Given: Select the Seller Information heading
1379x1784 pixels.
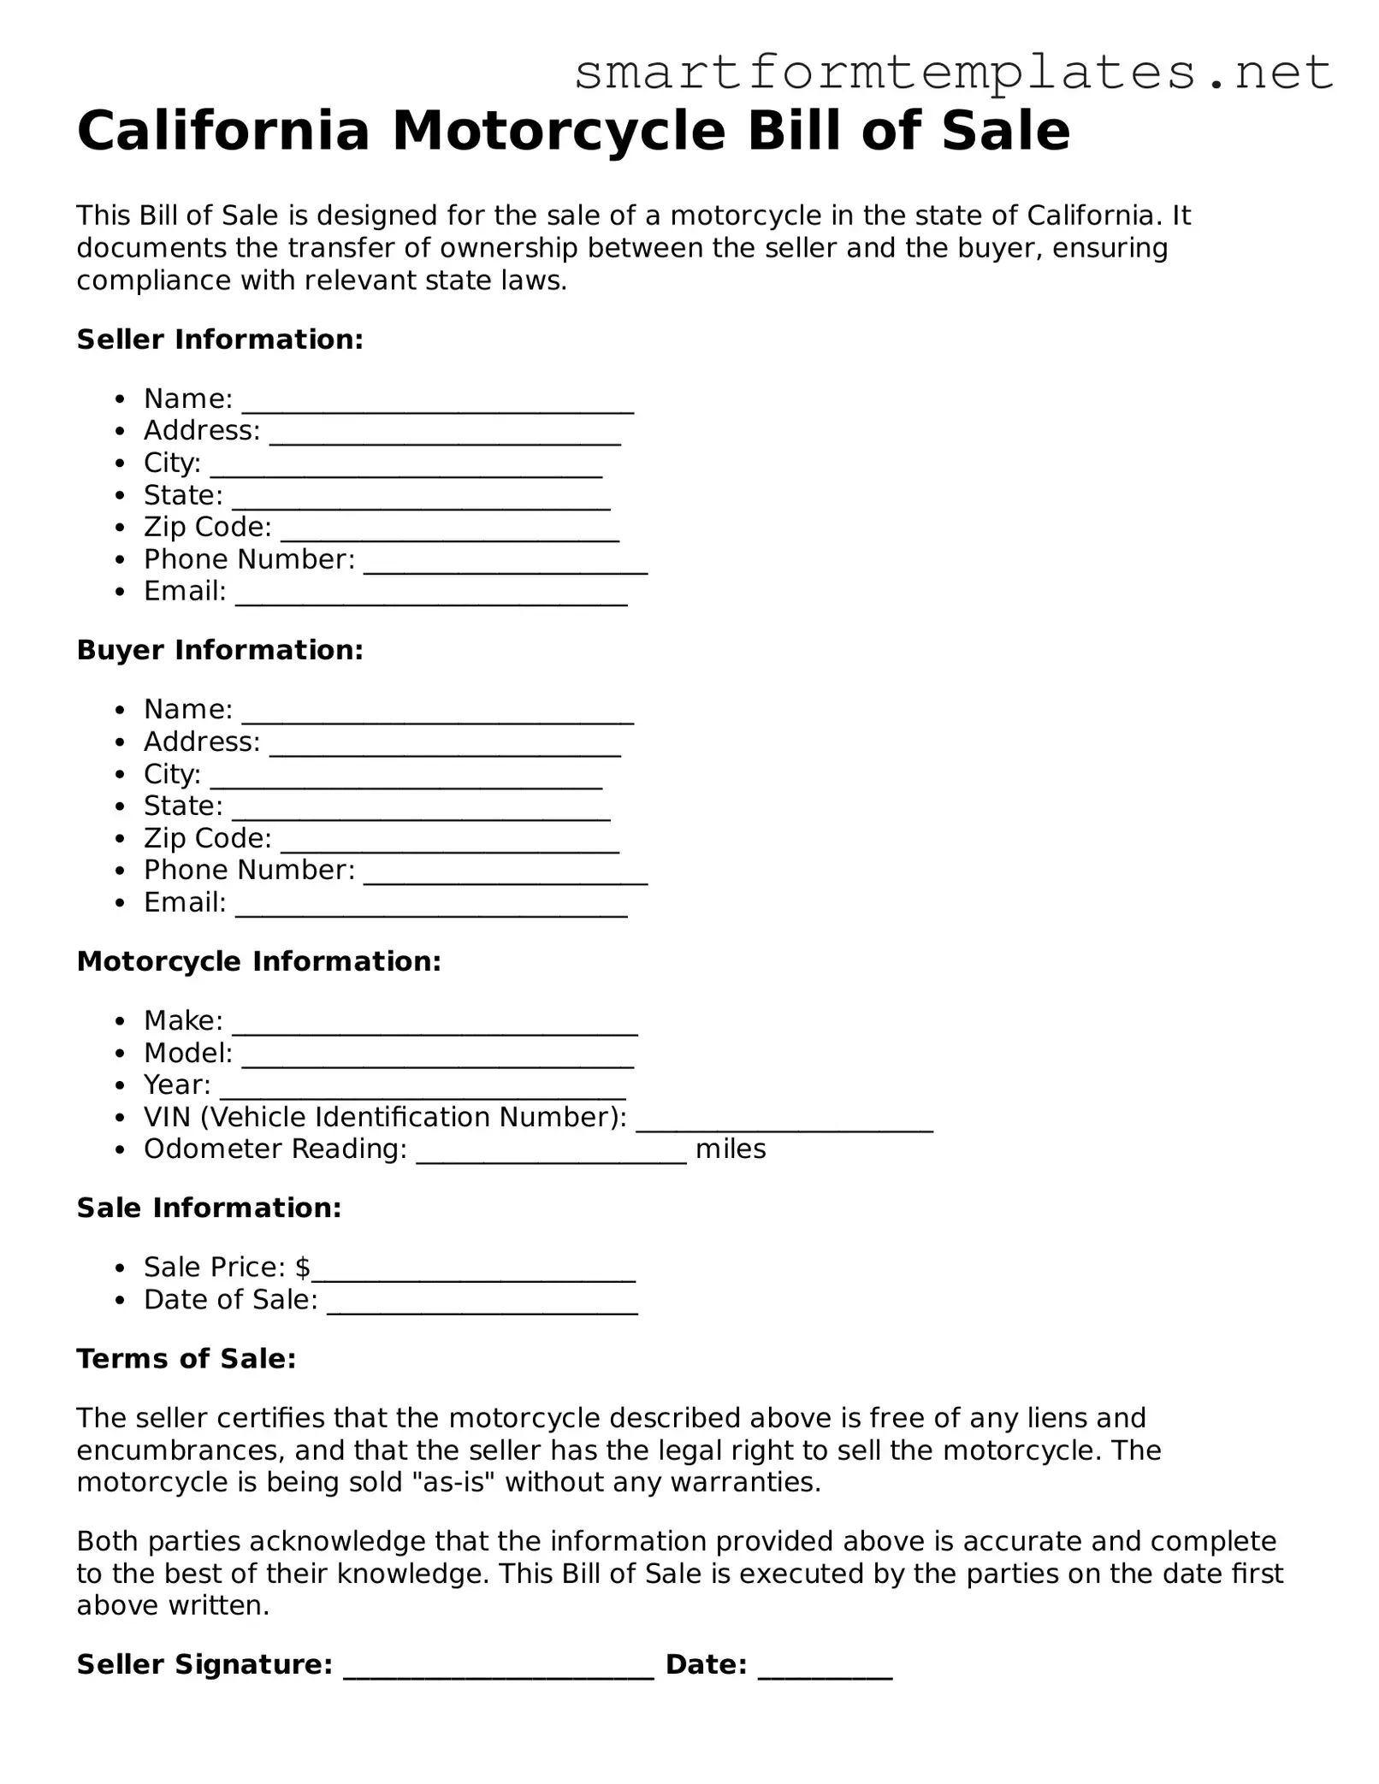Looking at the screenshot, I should point(220,340).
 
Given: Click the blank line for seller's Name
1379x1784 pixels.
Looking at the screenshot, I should point(437,405).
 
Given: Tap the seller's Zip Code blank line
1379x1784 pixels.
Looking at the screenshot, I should point(449,534).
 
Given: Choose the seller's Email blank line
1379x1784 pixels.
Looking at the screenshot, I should point(431,598).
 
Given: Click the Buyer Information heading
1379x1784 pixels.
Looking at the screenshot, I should point(220,650).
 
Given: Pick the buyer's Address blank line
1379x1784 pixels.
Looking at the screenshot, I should point(445,748).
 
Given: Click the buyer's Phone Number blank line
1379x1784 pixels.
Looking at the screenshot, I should point(505,877).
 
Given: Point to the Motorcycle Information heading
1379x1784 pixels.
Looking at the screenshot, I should point(258,961).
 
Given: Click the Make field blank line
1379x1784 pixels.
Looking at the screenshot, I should point(435,1027).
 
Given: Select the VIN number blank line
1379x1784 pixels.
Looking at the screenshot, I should point(784,1124).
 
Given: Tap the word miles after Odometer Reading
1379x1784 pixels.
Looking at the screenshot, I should point(730,1149).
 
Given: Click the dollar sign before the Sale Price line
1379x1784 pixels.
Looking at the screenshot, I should point(302,1267).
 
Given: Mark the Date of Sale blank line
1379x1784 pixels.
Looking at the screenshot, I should point(482,1306).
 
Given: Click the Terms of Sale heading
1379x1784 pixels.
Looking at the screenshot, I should point(186,1358).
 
